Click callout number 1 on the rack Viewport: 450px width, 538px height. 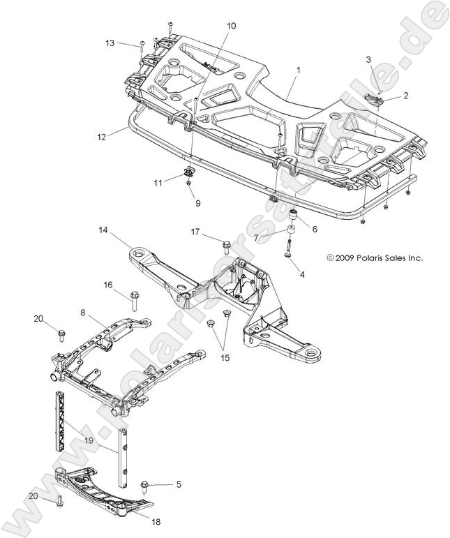pyautogui.click(x=298, y=70)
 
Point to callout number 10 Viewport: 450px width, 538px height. pyautogui.click(x=231, y=26)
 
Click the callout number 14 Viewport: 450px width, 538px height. pyautogui.click(x=103, y=230)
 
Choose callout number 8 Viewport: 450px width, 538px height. pyautogui.click(x=83, y=313)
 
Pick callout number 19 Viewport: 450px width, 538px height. pyautogui.click(x=89, y=441)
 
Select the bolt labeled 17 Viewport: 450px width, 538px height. pyautogui.click(x=227, y=246)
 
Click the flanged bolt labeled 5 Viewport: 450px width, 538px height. pyautogui.click(x=146, y=484)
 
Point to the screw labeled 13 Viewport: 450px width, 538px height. pyautogui.click(x=142, y=47)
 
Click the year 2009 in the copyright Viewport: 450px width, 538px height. pyautogui.click(x=347, y=257)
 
